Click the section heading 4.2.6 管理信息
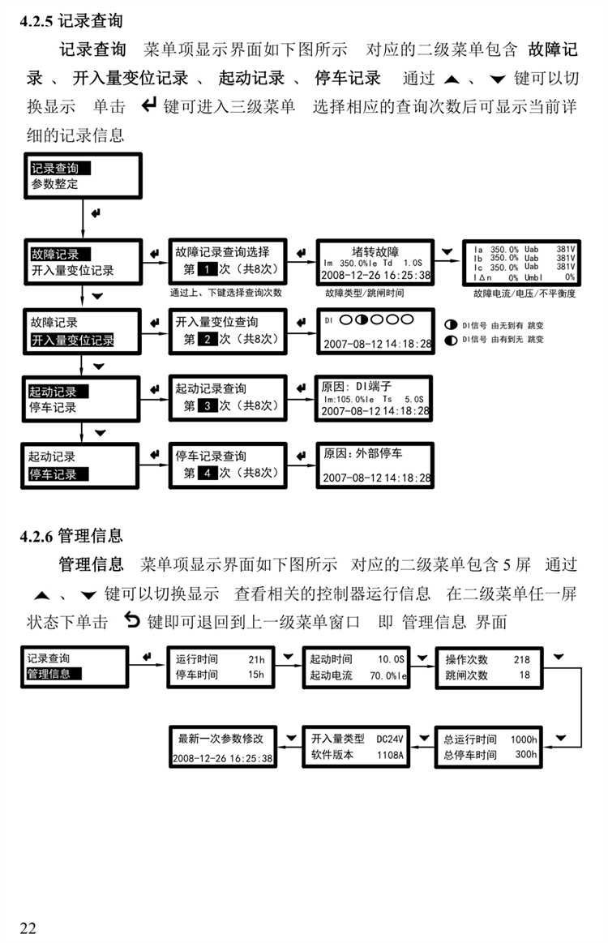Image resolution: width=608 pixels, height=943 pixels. pos(71,535)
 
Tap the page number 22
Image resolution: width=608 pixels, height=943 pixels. pos(28,928)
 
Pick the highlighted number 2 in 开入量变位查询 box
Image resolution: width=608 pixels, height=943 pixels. pos(208,340)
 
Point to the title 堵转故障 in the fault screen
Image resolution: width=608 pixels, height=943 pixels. pos(375,251)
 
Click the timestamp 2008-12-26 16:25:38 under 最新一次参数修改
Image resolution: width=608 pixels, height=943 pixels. pos(221,759)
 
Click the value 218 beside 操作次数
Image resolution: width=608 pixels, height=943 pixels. pos(521,660)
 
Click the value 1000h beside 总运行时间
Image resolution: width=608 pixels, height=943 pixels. pos(523,739)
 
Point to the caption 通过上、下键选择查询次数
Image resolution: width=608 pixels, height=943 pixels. pos(226,292)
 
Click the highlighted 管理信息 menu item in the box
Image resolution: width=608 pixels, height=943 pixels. pos(54,674)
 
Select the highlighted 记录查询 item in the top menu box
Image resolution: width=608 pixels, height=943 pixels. pos(59,169)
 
